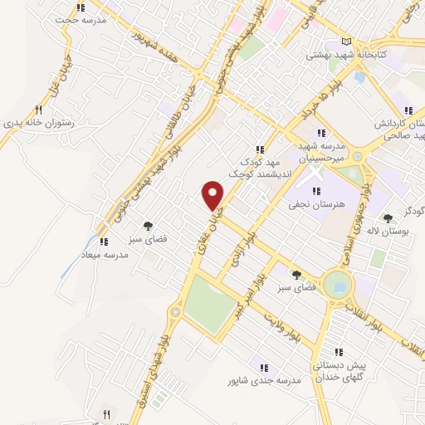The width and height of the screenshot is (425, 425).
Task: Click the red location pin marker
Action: pos(214,196)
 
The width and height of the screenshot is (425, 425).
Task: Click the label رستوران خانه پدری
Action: pos(38,123)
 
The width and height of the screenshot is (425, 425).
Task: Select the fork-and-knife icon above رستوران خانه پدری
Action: pos(38,109)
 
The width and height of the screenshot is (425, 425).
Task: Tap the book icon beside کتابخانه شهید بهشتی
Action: pos(346,43)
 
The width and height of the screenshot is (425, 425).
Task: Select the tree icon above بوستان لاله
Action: pos(388,218)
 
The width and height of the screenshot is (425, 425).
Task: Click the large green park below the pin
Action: pos(209,302)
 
